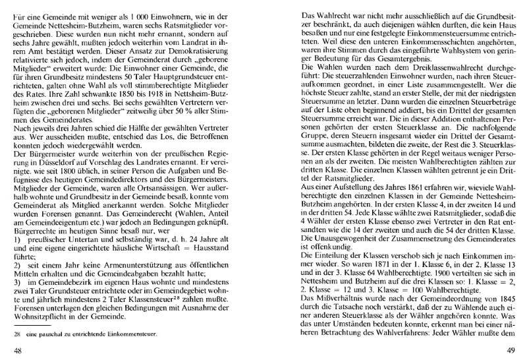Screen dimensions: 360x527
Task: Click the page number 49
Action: (x=507, y=349)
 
